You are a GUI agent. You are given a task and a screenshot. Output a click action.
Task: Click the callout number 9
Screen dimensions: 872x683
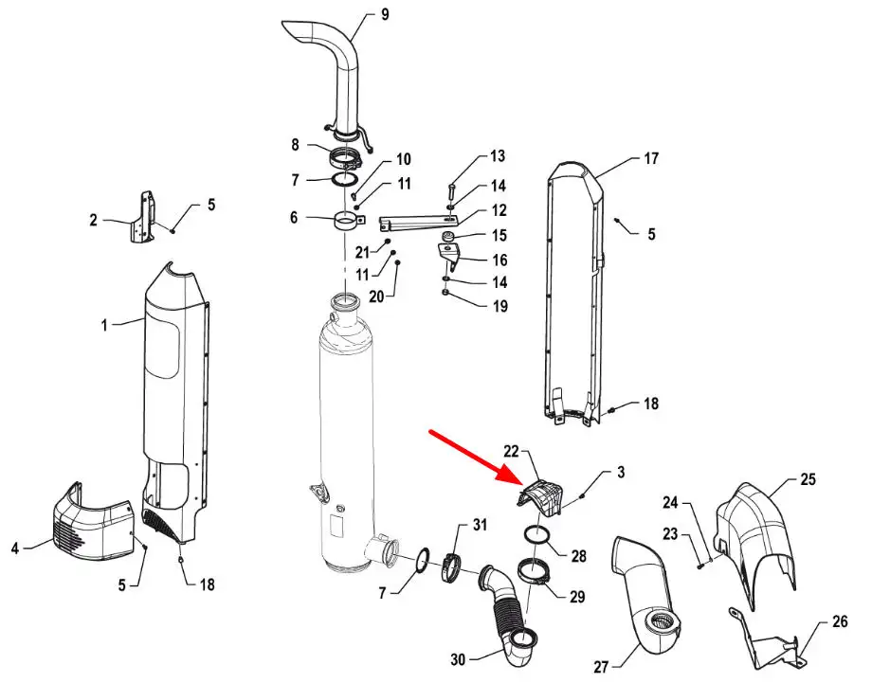pos(385,14)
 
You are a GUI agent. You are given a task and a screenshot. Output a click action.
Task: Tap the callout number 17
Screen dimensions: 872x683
pos(651,158)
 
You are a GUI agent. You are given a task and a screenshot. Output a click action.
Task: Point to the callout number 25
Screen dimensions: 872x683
pos(808,479)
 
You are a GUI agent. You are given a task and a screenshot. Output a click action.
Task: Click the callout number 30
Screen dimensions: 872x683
pos(458,659)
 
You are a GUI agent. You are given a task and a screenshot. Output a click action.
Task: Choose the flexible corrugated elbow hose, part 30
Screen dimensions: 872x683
pos(507,611)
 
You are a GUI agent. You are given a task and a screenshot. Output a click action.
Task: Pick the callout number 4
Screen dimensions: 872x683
pos(15,548)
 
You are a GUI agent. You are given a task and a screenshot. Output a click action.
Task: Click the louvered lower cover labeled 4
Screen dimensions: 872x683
pos(94,520)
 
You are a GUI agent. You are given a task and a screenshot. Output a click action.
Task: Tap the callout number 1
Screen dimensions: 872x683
pos(104,325)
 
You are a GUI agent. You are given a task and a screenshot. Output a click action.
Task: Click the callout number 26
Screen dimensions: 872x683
pos(840,621)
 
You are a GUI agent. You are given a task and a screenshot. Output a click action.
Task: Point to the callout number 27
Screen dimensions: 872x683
pos(601,666)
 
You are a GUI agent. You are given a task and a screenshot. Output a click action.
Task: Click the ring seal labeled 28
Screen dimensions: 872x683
pos(537,536)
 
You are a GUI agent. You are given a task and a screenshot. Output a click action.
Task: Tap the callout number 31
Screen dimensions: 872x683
pos(480,524)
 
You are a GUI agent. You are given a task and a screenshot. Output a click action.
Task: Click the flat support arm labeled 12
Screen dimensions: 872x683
pos(418,223)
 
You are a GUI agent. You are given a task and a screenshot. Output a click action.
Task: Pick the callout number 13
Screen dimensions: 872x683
pos(498,156)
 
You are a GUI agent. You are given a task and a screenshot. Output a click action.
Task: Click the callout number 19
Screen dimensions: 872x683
pos(500,306)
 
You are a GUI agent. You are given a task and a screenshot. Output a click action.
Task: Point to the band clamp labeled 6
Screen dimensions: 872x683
pos(349,223)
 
